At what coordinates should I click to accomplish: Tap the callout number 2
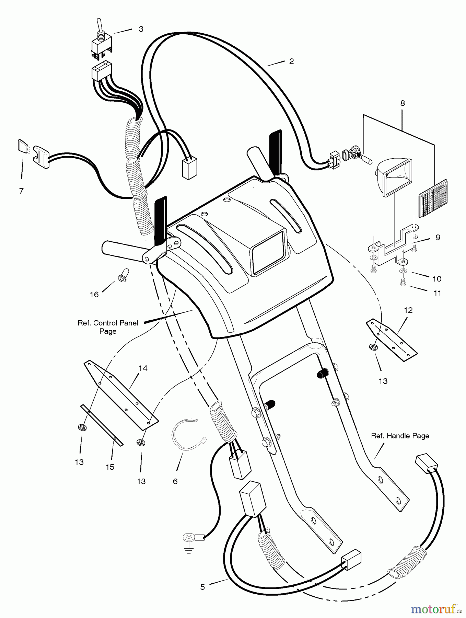click(291, 61)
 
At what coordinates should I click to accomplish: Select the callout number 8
click(403, 103)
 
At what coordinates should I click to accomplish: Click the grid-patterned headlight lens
click(433, 198)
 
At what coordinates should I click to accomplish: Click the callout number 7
click(21, 191)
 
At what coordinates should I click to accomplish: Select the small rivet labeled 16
click(123, 275)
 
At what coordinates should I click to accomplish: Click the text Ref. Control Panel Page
click(108, 327)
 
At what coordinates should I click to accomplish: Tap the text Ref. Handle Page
click(400, 436)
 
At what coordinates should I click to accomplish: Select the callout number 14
click(143, 368)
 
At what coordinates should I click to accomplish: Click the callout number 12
click(408, 310)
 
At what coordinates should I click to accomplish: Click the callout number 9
click(438, 238)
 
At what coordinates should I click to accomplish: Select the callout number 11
click(437, 293)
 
